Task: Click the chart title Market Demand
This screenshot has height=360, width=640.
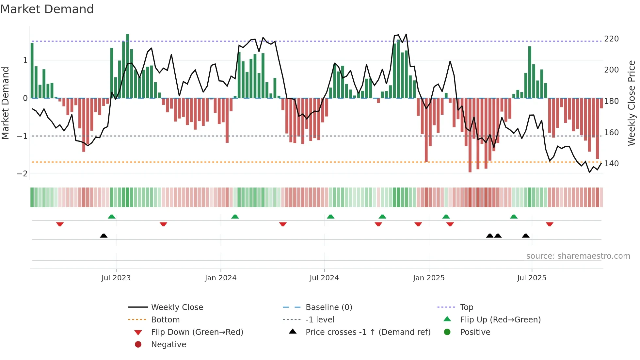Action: (x=47, y=9)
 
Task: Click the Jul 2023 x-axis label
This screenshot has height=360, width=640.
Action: (x=116, y=278)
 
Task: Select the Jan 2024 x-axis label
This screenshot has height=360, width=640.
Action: (x=221, y=278)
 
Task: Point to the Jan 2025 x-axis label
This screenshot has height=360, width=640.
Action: (x=429, y=278)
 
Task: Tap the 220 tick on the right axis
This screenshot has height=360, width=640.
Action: (x=611, y=39)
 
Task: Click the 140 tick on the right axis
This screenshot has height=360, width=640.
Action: (x=611, y=164)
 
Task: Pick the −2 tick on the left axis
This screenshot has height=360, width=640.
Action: (x=22, y=174)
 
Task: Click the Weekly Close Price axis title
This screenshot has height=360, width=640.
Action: (x=632, y=103)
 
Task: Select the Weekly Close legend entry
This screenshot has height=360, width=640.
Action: (x=177, y=307)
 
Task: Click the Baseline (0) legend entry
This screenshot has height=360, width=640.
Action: (x=328, y=307)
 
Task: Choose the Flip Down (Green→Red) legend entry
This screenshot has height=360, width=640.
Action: (x=197, y=332)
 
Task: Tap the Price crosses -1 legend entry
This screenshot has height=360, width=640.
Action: (x=368, y=332)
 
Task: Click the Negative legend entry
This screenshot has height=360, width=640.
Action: (x=168, y=345)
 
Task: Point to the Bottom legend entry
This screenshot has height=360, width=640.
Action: (x=165, y=320)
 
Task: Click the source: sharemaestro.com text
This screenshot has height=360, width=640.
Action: (x=578, y=256)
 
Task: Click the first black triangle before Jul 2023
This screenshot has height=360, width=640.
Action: (x=104, y=236)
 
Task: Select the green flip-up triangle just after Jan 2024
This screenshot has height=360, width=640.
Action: (x=235, y=217)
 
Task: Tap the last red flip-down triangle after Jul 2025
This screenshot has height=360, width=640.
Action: (x=550, y=224)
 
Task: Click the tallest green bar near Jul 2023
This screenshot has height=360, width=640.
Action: (x=128, y=65)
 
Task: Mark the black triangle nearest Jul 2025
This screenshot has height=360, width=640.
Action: (x=526, y=236)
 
